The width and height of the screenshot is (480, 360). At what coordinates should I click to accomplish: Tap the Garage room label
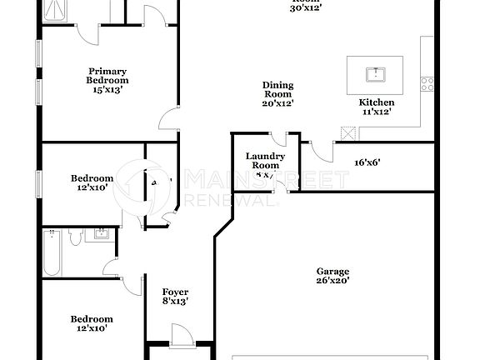click(x=332, y=272)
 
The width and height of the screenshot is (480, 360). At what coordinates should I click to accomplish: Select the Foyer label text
click(x=175, y=292)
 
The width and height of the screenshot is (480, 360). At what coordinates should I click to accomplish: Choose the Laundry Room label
click(x=266, y=160)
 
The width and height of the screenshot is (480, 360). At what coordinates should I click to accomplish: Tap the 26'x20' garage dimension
click(x=332, y=282)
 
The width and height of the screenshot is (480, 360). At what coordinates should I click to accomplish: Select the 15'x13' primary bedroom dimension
click(x=107, y=90)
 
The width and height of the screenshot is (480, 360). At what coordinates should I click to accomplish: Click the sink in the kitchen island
click(x=376, y=73)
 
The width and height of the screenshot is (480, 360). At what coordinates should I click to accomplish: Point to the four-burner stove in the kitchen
click(x=427, y=83)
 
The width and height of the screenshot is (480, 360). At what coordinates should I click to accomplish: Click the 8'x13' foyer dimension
click(x=175, y=302)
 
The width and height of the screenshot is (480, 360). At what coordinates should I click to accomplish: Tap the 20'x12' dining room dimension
click(x=278, y=103)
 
